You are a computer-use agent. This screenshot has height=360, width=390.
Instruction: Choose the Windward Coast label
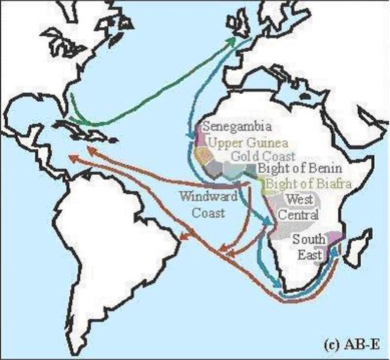(205, 203)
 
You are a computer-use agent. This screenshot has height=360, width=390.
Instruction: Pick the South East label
(307, 247)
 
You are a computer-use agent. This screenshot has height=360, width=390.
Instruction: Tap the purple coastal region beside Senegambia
(199, 135)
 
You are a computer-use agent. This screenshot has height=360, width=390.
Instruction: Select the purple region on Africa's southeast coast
(332, 244)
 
